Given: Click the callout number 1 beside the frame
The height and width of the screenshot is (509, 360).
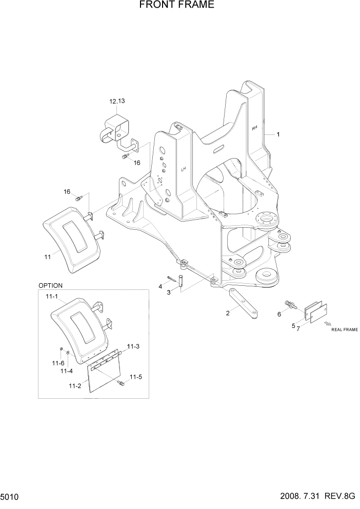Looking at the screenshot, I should (x=278, y=134).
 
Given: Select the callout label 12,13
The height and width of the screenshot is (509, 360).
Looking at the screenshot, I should (x=117, y=102).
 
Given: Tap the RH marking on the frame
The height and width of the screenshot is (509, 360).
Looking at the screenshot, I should (x=254, y=128).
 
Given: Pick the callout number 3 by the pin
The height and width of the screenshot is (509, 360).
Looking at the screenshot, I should (x=168, y=292).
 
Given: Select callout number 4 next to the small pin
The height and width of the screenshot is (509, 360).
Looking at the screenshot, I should (x=160, y=286).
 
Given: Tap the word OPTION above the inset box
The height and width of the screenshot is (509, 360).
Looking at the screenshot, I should (x=50, y=286).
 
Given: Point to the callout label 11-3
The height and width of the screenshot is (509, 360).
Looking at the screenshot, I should (x=133, y=346).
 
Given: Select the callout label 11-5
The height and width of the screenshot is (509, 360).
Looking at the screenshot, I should (x=135, y=377).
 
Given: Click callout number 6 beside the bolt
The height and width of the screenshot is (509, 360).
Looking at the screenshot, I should (x=279, y=314).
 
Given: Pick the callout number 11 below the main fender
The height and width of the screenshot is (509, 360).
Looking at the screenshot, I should (x=47, y=256).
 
